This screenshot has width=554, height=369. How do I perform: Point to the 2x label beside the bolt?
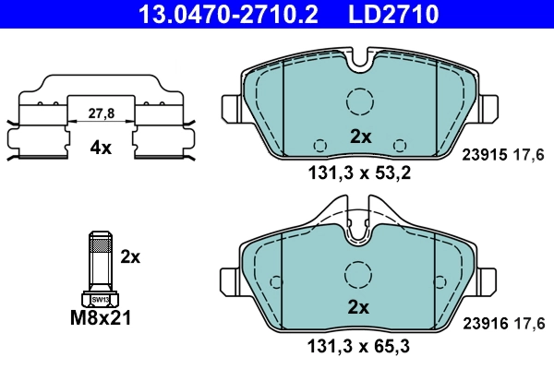point(131,256)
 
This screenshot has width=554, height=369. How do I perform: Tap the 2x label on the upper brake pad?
point(360,137)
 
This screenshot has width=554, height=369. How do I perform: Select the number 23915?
point(480,156)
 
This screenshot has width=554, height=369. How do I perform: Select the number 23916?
point(480,322)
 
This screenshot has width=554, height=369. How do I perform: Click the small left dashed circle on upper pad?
point(320,145)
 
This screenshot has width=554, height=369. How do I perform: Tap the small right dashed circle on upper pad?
point(400,145)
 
